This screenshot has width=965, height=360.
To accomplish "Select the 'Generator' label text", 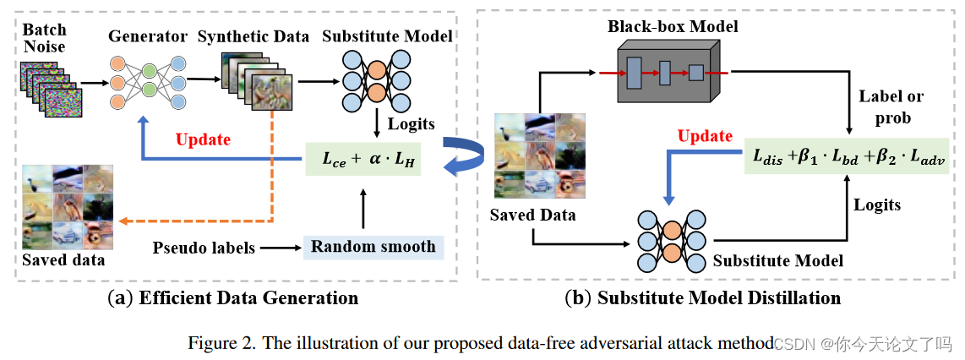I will coord(147,36).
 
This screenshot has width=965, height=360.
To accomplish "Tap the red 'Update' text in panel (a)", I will coord(204,139).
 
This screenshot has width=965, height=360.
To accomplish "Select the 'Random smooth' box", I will coord(373,247).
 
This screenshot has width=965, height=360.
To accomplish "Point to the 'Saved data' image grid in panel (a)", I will coord(68,205).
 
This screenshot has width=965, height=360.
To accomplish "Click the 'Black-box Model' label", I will coord(673,26).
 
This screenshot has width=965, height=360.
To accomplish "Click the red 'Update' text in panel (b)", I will coord(705,136).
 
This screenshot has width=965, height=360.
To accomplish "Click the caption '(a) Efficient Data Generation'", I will coord(232,297).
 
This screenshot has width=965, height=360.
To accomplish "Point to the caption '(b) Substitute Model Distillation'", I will coord(702,297).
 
